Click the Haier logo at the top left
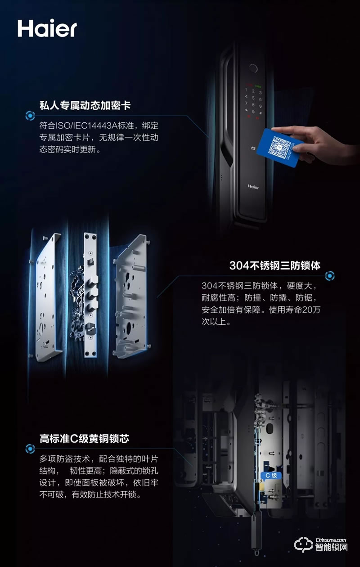coord(47,28)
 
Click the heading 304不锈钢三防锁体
coord(274,265)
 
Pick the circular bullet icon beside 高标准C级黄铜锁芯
coord(30,448)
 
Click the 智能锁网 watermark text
coord(333,548)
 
